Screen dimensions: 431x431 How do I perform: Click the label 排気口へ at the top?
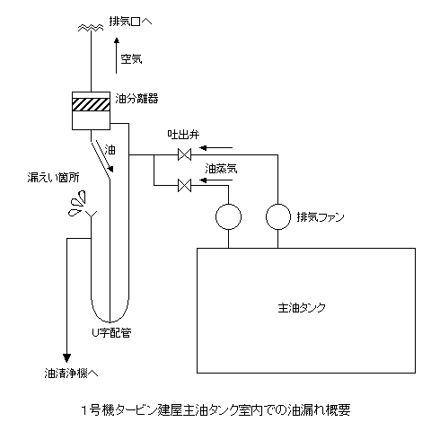[x=130, y=22]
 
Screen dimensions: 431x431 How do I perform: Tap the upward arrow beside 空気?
[x=117, y=56]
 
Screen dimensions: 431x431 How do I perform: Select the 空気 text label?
[x=131, y=58]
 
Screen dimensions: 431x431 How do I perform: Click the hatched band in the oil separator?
[x=91, y=104]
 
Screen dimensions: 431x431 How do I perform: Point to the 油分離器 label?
[x=136, y=99]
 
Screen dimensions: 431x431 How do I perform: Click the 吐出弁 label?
[x=183, y=135]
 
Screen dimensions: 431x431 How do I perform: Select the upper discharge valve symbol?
[x=184, y=154]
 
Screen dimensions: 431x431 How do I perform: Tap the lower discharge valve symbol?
[x=184, y=185]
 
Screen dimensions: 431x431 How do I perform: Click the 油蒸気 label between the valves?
[x=221, y=169]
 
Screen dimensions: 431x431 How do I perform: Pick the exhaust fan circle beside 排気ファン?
[x=278, y=216]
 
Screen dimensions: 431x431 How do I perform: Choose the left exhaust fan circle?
[x=228, y=216]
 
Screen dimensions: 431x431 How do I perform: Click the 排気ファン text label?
[x=321, y=217]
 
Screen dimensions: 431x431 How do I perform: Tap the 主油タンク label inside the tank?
[x=302, y=308]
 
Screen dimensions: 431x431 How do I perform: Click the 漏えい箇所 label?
[x=53, y=178]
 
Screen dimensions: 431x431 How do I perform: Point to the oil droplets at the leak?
[x=77, y=204]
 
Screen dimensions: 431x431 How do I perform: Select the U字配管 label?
[x=111, y=332]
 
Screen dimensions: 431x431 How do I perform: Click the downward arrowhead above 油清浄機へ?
[x=66, y=358]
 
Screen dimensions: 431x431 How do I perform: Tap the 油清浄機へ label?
[x=71, y=374]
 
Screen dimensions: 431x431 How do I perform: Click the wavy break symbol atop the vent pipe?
[x=91, y=28]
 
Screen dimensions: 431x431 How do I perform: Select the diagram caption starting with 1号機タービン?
[x=215, y=410]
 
